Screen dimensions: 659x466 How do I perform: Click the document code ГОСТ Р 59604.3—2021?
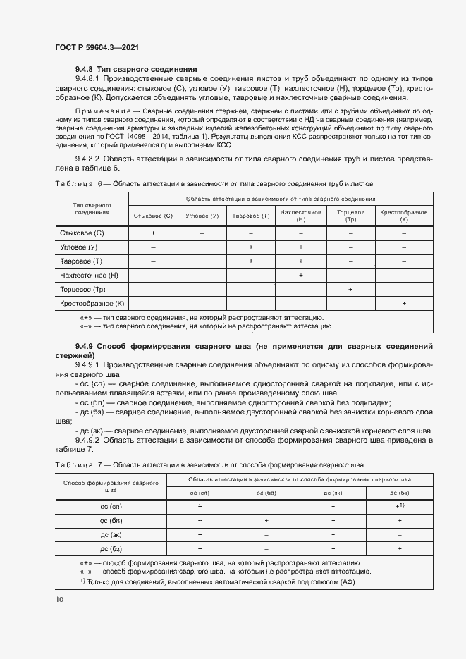(x=96, y=47)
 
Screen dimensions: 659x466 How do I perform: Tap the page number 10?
(x=59, y=599)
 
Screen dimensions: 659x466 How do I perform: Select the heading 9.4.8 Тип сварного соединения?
(x=135, y=69)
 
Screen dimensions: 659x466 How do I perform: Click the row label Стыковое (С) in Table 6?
(x=82, y=232)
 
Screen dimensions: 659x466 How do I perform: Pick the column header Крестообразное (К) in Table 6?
(x=404, y=216)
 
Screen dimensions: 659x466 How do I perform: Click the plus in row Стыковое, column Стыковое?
(x=153, y=232)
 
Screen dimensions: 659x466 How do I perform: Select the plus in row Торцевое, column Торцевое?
(x=350, y=289)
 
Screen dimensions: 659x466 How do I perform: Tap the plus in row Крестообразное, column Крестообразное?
(x=404, y=303)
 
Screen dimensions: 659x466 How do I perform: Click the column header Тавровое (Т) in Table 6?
(x=251, y=216)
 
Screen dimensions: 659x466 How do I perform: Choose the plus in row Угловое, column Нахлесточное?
(x=300, y=247)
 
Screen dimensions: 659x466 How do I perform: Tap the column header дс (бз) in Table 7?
(x=400, y=493)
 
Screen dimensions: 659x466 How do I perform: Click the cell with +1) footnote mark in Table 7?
(x=400, y=506)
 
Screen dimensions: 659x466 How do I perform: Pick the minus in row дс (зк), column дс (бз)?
(x=400, y=534)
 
